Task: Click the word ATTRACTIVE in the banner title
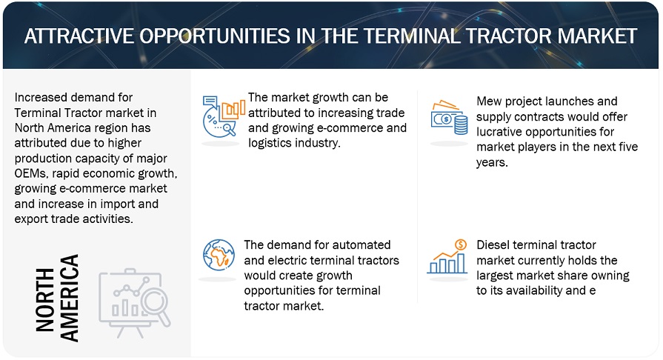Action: (79, 36)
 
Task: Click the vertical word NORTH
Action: (45, 299)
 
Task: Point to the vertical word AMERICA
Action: (69, 298)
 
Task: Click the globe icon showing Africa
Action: (219, 255)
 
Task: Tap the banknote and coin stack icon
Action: (449, 118)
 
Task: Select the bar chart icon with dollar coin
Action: (447, 256)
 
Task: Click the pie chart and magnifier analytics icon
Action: (224, 116)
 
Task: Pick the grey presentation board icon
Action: (135, 303)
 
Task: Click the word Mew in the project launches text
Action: (489, 101)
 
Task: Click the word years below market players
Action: (492, 163)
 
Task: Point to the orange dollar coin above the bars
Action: (461, 244)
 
